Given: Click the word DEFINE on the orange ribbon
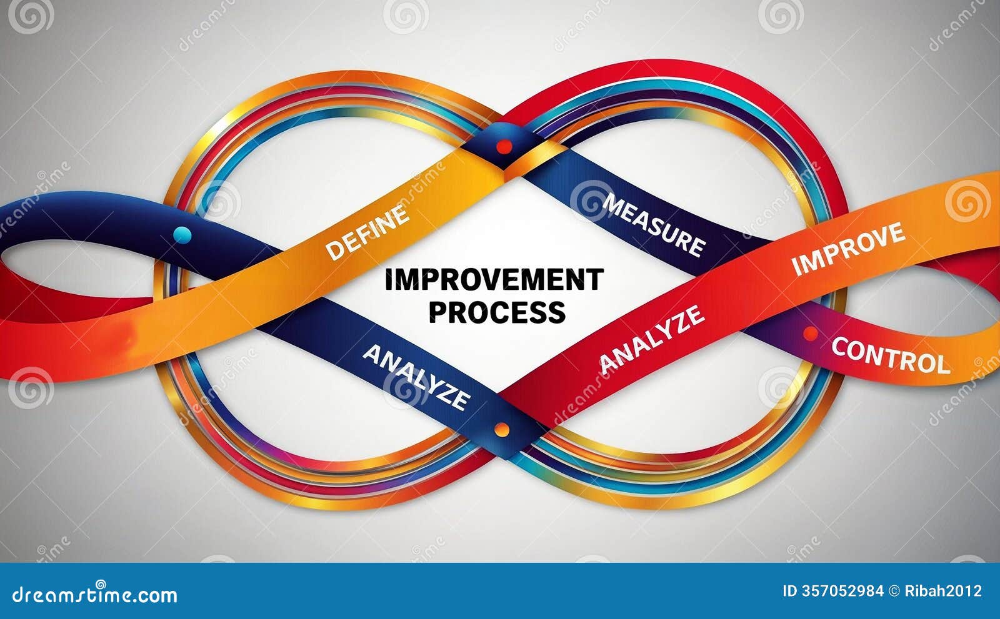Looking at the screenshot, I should (x=367, y=232).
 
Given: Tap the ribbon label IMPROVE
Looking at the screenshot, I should (x=848, y=248).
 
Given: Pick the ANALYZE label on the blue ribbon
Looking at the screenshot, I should (x=416, y=377).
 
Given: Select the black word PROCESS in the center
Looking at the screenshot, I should (x=497, y=311).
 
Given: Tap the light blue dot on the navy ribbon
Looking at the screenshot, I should (x=182, y=235).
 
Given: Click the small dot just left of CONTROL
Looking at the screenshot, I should (x=810, y=334).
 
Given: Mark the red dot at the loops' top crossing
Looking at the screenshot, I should (x=503, y=147).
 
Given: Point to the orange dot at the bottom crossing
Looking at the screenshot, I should (x=501, y=430).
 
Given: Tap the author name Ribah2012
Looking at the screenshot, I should (x=943, y=591).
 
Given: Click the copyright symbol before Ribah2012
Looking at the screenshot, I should (x=894, y=591).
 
